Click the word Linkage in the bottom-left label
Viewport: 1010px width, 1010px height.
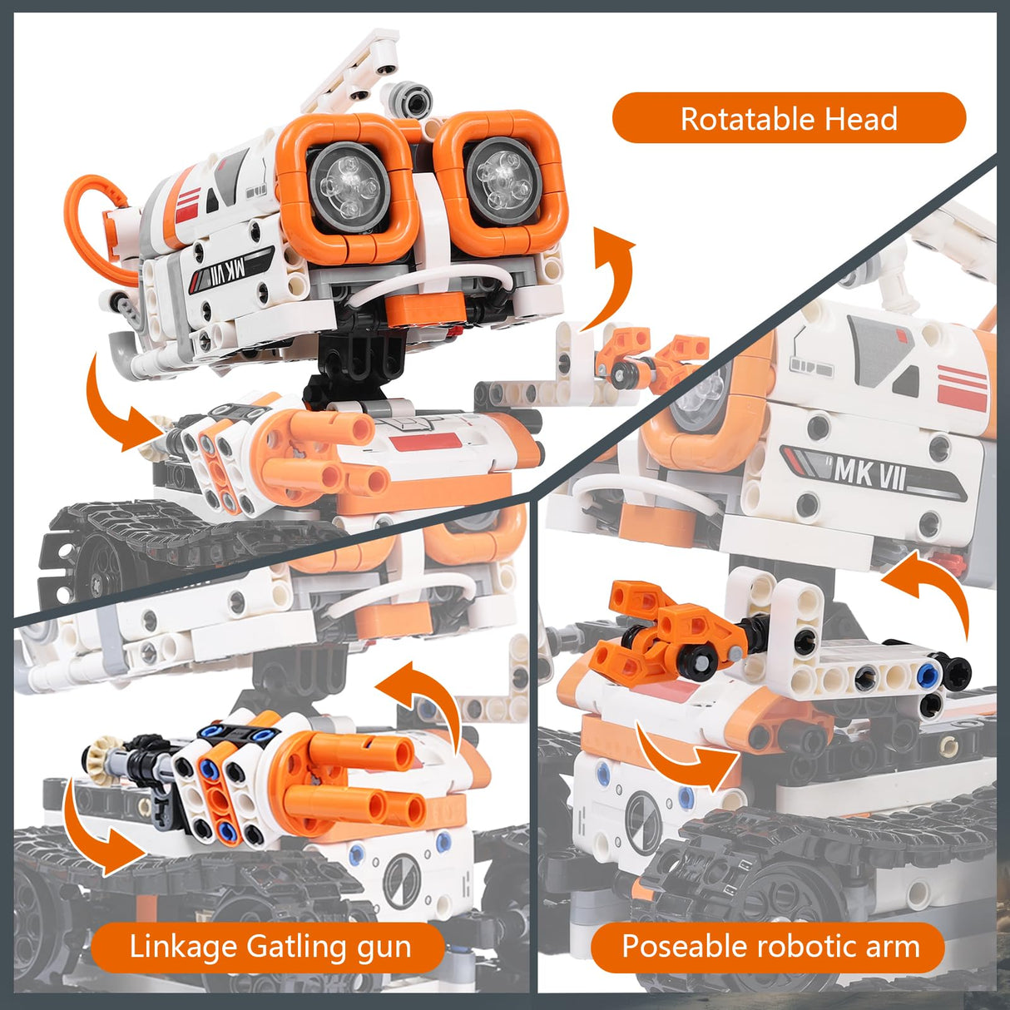[x=183, y=947]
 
